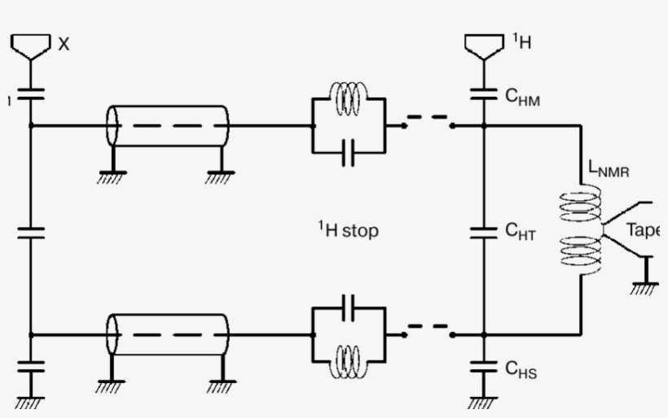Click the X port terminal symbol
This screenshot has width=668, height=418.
[31, 46]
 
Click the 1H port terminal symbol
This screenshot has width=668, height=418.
[483, 46]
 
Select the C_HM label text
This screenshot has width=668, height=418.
[521, 98]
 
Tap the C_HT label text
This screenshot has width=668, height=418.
[521, 232]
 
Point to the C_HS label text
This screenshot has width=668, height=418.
[521, 370]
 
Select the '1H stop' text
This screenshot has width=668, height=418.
[348, 230]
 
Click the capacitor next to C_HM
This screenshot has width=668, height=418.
[483, 94]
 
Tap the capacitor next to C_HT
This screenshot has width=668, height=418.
[483, 231]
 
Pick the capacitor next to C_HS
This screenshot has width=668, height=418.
[483, 366]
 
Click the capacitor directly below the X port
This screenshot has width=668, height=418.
[31, 94]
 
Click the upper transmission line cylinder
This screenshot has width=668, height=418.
[169, 126]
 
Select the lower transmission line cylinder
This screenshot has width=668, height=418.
[169, 334]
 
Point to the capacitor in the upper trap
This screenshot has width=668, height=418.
[349, 151]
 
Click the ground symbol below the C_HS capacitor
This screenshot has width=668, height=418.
[483, 401]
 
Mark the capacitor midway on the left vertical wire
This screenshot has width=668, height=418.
[31, 232]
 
